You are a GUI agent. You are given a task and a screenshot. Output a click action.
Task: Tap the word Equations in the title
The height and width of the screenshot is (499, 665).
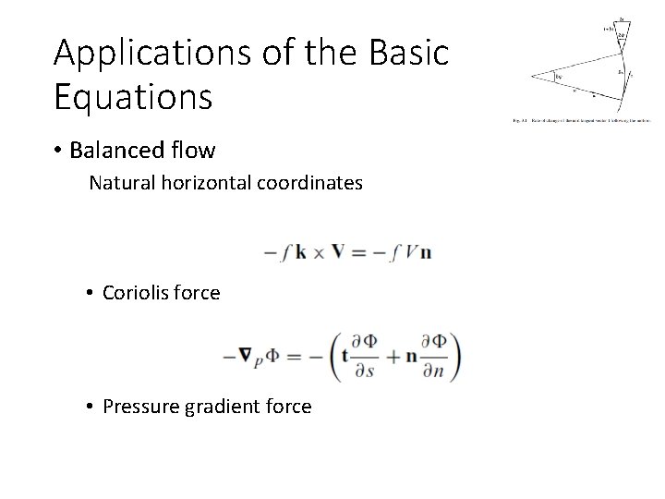click(133, 96)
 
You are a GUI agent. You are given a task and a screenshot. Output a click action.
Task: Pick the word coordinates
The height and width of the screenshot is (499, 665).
click(308, 184)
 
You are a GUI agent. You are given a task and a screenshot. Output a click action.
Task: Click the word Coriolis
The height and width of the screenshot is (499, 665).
click(135, 293)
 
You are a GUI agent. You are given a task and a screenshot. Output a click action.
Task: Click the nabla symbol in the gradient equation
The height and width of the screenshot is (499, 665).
click(246, 355)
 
